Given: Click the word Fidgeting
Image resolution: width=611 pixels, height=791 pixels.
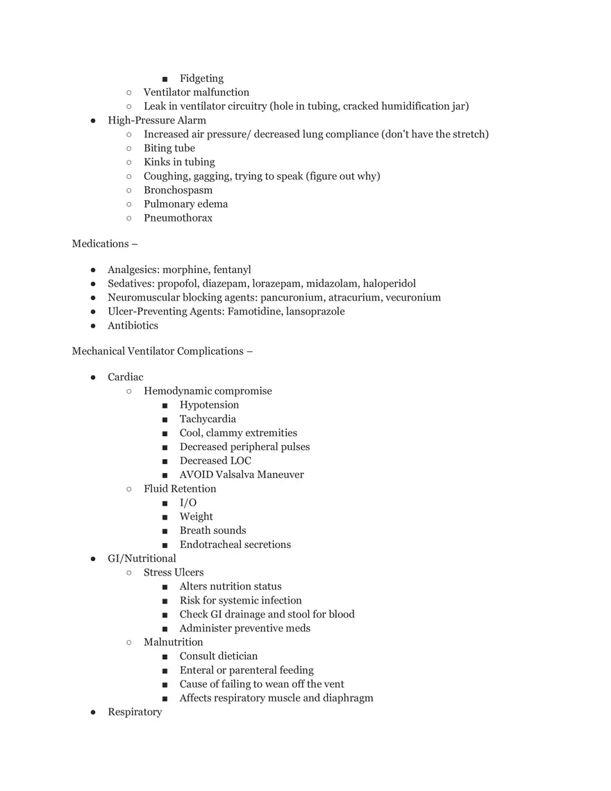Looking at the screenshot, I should pyautogui.click(x=201, y=78).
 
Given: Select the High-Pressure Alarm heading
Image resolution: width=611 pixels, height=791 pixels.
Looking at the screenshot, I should pyautogui.click(x=157, y=120).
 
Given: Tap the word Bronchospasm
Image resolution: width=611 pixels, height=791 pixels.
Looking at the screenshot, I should pyautogui.click(x=178, y=190).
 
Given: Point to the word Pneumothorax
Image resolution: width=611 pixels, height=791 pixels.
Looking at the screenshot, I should pyautogui.click(x=178, y=217).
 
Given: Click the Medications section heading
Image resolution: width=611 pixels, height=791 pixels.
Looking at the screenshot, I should pyautogui.click(x=100, y=243).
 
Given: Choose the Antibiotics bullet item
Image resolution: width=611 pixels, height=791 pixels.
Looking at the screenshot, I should pyautogui.click(x=133, y=325).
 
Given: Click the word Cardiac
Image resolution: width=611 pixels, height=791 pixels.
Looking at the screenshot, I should pyautogui.click(x=126, y=376).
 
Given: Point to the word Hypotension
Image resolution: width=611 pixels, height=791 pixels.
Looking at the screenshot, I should pyautogui.click(x=209, y=405).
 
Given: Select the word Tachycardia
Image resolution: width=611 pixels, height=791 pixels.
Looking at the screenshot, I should pyautogui.click(x=208, y=419).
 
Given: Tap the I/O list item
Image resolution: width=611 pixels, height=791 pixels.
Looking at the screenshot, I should pyautogui.click(x=188, y=502).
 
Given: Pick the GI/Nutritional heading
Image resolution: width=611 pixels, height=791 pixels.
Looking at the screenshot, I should pyautogui.click(x=142, y=558).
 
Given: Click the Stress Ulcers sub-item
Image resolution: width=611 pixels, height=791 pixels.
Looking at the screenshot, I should pyautogui.click(x=174, y=572).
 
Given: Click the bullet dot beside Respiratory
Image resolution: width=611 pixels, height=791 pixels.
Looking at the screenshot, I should pyautogui.click(x=93, y=712).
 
